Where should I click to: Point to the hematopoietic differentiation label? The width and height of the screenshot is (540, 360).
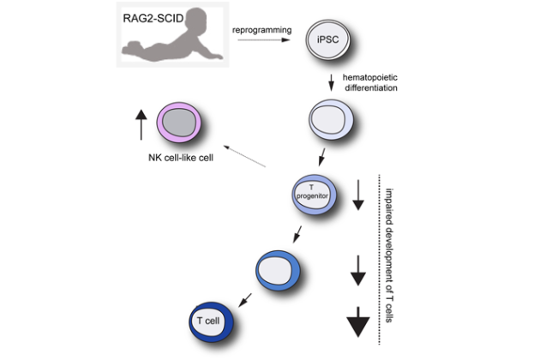(372, 85)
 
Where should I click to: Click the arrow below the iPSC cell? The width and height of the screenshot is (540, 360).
(331, 84)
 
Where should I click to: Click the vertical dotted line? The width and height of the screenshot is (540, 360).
(377, 257)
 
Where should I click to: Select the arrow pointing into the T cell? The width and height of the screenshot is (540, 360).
(245, 297)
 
